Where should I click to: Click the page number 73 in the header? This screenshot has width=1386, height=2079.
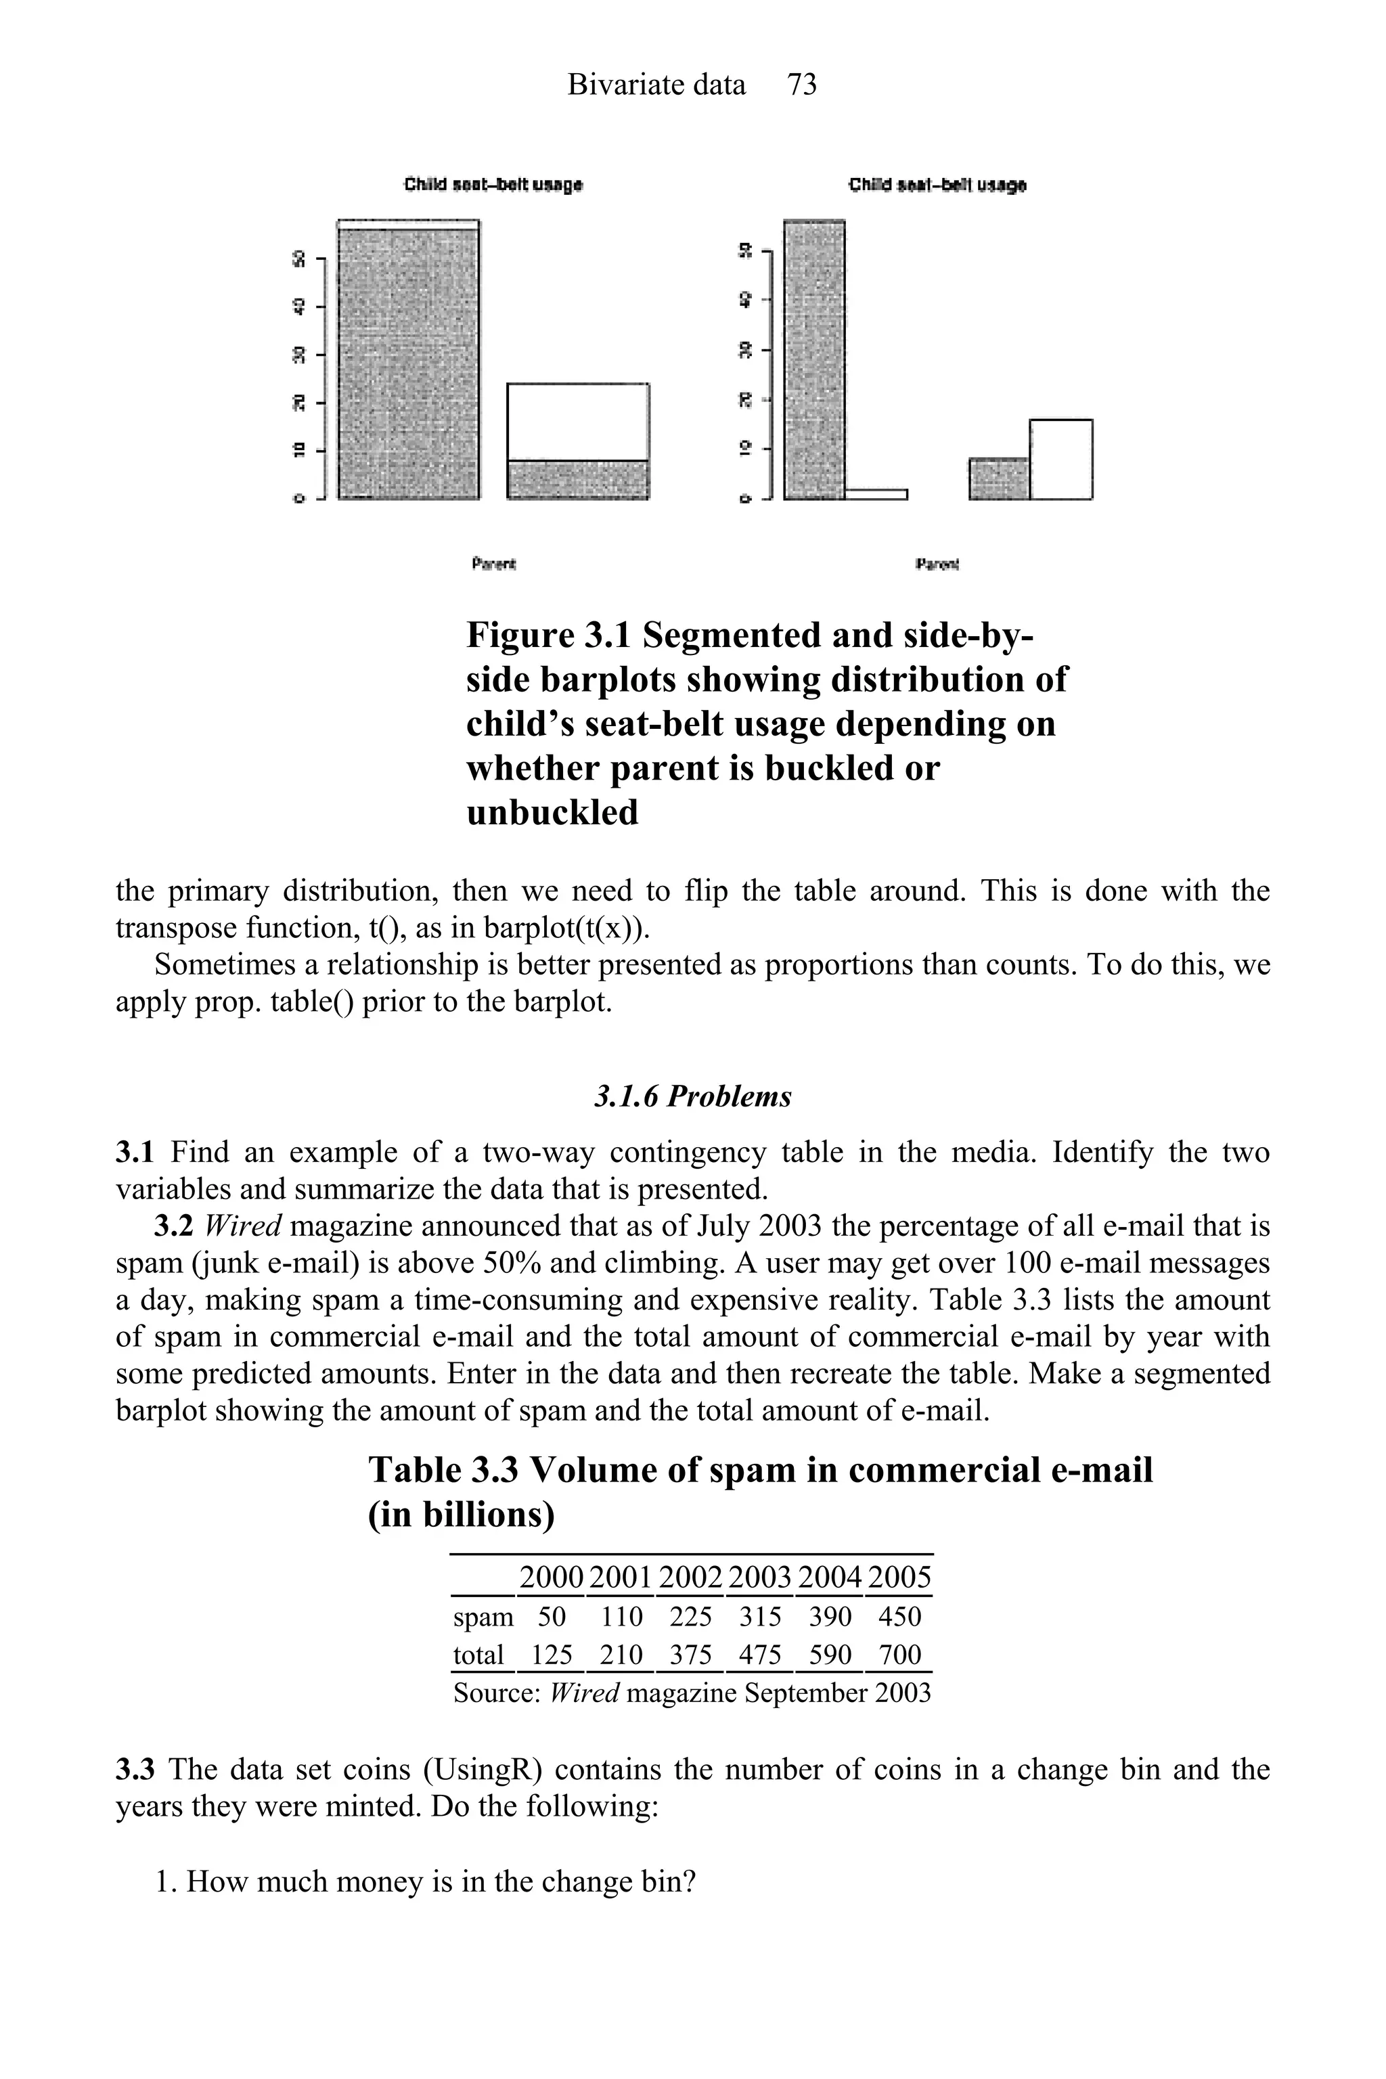click(x=802, y=85)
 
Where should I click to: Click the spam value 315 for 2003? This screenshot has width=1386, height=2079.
click(x=760, y=1617)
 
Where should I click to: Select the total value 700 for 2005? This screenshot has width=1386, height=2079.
click(x=900, y=1654)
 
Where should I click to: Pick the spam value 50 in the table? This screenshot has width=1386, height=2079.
click(x=552, y=1617)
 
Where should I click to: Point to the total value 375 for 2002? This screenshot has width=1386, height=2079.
click(x=690, y=1654)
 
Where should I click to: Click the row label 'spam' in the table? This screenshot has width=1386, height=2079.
click(x=483, y=1617)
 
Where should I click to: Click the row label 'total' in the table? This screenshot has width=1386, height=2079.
click(x=478, y=1654)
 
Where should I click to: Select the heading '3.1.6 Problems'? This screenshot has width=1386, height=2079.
click(x=692, y=1096)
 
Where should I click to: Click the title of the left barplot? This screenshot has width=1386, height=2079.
click(x=493, y=185)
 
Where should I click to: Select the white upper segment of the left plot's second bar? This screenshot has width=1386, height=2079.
click(x=578, y=422)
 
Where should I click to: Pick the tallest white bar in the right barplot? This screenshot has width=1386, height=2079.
click(x=1060, y=459)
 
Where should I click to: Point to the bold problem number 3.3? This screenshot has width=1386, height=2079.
click(x=135, y=1770)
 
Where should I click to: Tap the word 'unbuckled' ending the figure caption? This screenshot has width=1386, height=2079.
click(x=552, y=812)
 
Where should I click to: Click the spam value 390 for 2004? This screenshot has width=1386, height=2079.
click(x=830, y=1617)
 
